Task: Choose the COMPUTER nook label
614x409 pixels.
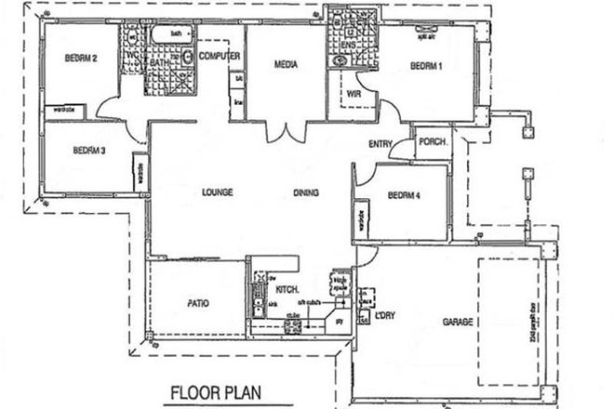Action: pyautogui.click(x=220, y=58)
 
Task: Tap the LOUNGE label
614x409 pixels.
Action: pyautogui.click(x=216, y=192)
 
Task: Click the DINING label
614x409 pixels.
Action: pyautogui.click(x=306, y=192)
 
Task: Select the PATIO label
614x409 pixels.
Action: pyautogui.click(x=197, y=303)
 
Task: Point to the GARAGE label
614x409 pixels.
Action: pyautogui.click(x=460, y=322)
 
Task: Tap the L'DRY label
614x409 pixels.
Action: pyautogui.click(x=386, y=314)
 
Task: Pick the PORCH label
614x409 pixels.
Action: pyautogui.click(x=433, y=142)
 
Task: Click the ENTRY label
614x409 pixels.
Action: pyautogui.click(x=380, y=143)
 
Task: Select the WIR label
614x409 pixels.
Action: pyautogui.click(x=354, y=93)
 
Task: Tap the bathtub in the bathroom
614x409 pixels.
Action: pyautogui.click(x=173, y=35)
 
